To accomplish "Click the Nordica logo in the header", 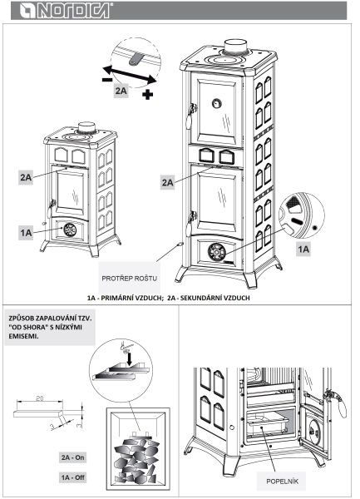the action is pos(66,11).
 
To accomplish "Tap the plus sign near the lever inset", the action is pos(147,94).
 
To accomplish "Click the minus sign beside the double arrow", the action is pos(107,80).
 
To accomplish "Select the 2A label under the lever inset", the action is pos(121,91).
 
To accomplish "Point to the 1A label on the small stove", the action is pos(26,233).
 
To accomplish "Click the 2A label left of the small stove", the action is pos(26,177).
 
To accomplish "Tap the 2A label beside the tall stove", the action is pos(167,182).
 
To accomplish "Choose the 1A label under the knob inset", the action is pos(303,249).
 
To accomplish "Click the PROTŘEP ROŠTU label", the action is pos(129,279).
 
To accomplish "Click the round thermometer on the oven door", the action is pos(217,103).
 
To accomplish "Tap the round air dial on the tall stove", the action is pos(217,251).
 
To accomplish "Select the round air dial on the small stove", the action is pos(69,230).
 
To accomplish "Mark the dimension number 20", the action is pos(40,398).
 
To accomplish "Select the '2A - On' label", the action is pos(73,457).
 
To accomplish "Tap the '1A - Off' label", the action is pos(73,477).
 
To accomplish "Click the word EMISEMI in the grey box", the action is pos(23,336).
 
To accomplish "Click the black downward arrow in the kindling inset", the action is pos(129,358).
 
